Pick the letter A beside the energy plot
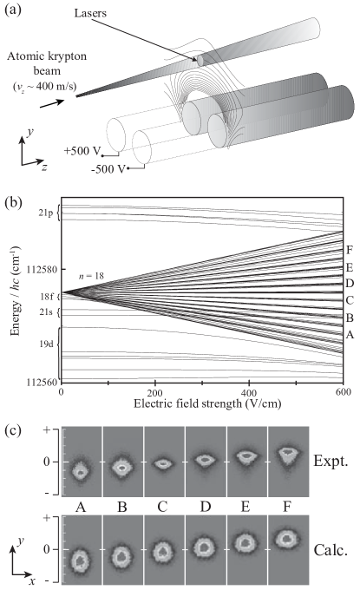(349, 334)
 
